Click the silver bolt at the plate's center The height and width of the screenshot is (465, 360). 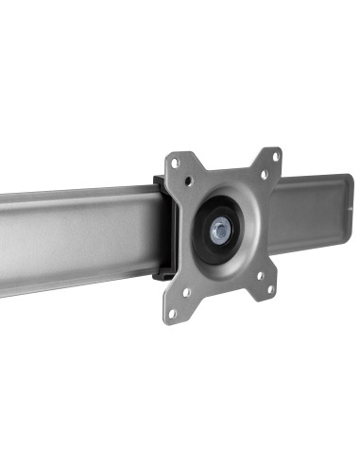click(219, 230)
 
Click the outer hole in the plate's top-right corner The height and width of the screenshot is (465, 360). click(275, 156)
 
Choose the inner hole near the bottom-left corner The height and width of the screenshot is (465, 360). click(187, 292)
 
